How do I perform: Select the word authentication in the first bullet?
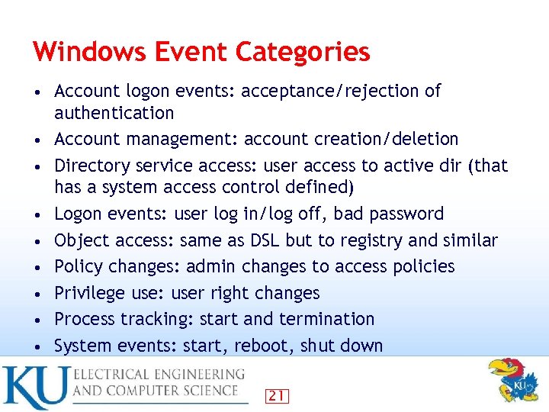tap(114, 113)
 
